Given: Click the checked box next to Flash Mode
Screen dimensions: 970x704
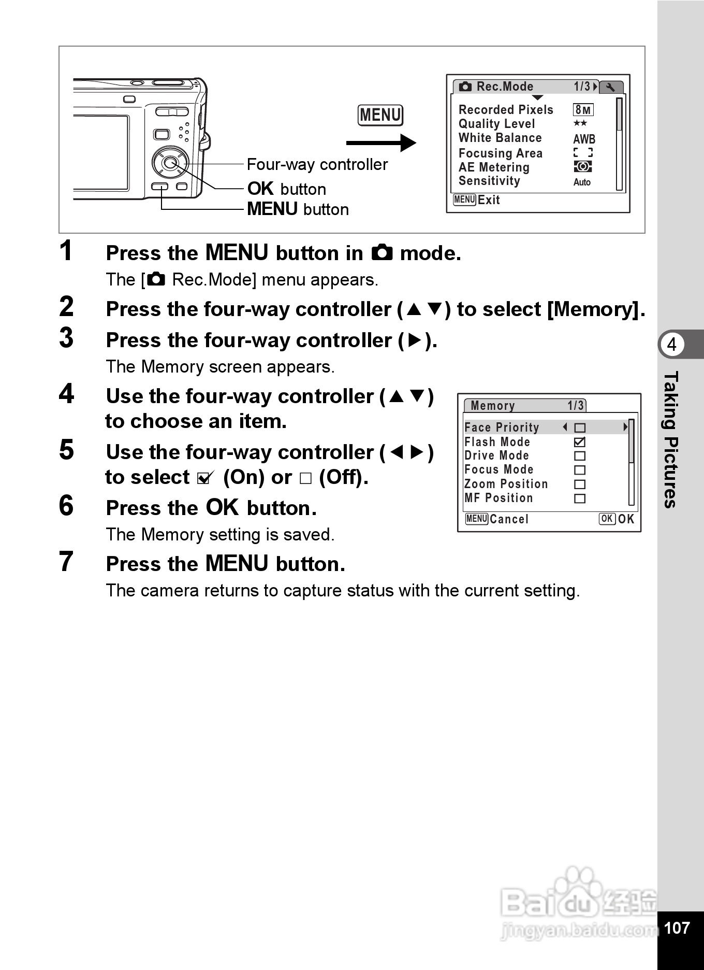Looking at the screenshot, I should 580,442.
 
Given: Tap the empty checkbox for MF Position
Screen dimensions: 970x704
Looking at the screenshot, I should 580,498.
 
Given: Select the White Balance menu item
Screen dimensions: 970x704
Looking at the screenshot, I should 500,138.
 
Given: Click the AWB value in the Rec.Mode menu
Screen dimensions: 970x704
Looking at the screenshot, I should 584,139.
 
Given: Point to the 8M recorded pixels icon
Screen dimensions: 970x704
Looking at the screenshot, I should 583,110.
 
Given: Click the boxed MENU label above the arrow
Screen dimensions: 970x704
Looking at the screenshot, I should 380,115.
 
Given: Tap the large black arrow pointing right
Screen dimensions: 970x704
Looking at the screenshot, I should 381,143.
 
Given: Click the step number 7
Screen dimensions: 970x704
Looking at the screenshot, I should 66,562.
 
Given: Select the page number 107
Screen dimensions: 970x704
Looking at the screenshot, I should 677,928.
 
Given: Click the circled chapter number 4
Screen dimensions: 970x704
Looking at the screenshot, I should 671,344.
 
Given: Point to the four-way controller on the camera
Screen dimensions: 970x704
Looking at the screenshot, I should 169,163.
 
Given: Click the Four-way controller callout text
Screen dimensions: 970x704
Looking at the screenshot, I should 317,164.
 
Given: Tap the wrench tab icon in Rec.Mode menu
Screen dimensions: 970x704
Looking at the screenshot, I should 611,87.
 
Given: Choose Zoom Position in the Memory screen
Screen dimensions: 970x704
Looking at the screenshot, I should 506,484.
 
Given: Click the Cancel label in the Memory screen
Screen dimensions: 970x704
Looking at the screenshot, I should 509,519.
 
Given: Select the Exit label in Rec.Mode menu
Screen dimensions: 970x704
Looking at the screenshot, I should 489,200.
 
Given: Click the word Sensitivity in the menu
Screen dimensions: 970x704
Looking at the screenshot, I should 489,181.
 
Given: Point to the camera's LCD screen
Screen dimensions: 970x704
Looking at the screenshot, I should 101,152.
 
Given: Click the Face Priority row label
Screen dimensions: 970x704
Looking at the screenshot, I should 502,427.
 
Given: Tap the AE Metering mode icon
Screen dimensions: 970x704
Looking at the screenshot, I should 583,167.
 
